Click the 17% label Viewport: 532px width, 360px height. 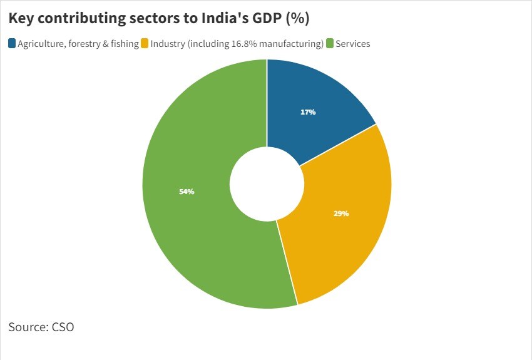(x=308, y=112)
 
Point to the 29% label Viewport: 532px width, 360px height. (x=341, y=213)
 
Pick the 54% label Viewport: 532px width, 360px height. (x=187, y=192)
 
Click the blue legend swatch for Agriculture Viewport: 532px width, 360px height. (x=12, y=44)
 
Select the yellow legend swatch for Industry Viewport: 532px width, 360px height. (x=145, y=44)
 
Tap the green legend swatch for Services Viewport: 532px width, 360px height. (x=330, y=44)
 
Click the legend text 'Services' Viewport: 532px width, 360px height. (x=353, y=44)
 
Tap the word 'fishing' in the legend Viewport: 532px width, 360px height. (x=123, y=44)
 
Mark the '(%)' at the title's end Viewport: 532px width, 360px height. (x=297, y=19)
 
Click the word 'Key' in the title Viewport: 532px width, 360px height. (x=21, y=19)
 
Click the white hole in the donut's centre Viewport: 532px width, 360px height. (x=267, y=184)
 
